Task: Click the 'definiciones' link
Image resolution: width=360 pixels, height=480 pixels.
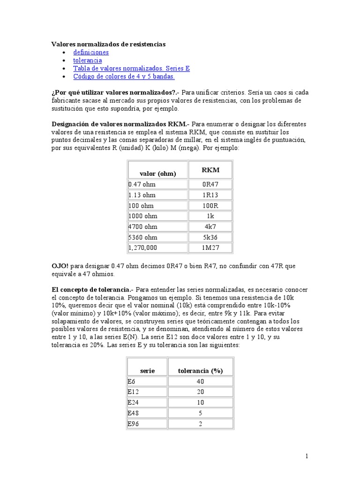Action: click(x=91, y=52)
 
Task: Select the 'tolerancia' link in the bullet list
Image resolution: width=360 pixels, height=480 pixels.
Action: click(x=87, y=60)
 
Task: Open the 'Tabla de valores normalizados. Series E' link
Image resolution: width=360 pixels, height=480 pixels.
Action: click(x=131, y=68)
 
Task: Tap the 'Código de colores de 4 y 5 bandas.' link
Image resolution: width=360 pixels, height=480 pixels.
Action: click(x=124, y=76)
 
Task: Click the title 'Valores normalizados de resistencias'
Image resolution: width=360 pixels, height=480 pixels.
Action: click(x=108, y=44)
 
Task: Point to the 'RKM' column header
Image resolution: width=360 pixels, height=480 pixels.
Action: click(x=210, y=170)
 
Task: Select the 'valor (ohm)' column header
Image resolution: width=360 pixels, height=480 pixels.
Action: click(x=157, y=173)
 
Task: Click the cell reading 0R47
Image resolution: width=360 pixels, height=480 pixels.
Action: click(x=210, y=184)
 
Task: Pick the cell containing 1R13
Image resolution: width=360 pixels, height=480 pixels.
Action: click(x=210, y=195)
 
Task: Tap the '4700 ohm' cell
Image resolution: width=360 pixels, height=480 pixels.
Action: click(x=143, y=227)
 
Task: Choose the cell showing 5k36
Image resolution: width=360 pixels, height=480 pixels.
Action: click(x=210, y=237)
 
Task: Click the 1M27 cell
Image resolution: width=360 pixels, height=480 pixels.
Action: click(x=210, y=248)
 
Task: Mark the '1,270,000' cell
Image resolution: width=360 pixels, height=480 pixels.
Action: click(x=143, y=248)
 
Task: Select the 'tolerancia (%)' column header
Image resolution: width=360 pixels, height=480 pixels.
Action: click(x=200, y=370)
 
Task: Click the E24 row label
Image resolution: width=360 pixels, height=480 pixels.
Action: click(x=134, y=403)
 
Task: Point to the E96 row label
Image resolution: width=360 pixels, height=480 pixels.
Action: click(x=134, y=424)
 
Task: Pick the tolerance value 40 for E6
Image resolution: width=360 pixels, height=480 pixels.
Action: click(x=200, y=382)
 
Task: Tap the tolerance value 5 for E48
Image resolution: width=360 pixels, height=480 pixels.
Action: click(x=200, y=413)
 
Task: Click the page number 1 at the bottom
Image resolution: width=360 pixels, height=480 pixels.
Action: click(x=307, y=456)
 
